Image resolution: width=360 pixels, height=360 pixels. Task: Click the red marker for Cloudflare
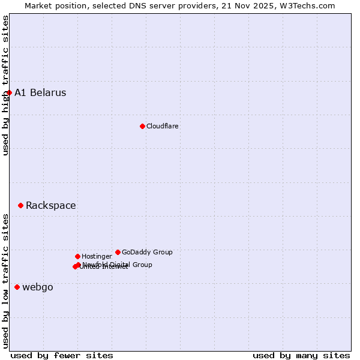pos(142,126)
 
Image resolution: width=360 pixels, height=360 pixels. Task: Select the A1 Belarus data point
pos(9,92)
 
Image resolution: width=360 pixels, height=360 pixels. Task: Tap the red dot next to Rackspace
pos(20,205)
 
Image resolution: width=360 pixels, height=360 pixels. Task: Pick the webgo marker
pos(17,287)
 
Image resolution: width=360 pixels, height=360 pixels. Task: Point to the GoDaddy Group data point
pos(118,252)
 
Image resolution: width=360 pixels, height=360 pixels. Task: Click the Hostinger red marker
pos(77,256)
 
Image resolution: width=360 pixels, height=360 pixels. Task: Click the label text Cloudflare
pos(163,126)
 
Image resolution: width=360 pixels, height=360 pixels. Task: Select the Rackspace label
pos(51,205)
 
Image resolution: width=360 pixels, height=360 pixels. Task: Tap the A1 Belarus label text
pos(40,92)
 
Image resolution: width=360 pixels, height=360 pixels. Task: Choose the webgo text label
pos(38,287)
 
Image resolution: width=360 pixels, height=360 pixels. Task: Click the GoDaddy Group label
pos(147,252)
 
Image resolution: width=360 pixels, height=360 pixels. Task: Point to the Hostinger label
pos(97,256)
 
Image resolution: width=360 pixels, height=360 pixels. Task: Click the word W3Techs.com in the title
pos(310,6)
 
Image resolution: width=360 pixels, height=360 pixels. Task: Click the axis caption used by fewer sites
pos(62,355)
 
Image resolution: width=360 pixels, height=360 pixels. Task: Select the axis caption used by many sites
pos(301,355)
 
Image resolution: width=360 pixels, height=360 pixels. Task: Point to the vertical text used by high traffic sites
pos(5,85)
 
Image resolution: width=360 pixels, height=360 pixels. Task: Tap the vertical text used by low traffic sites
pos(5,281)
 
